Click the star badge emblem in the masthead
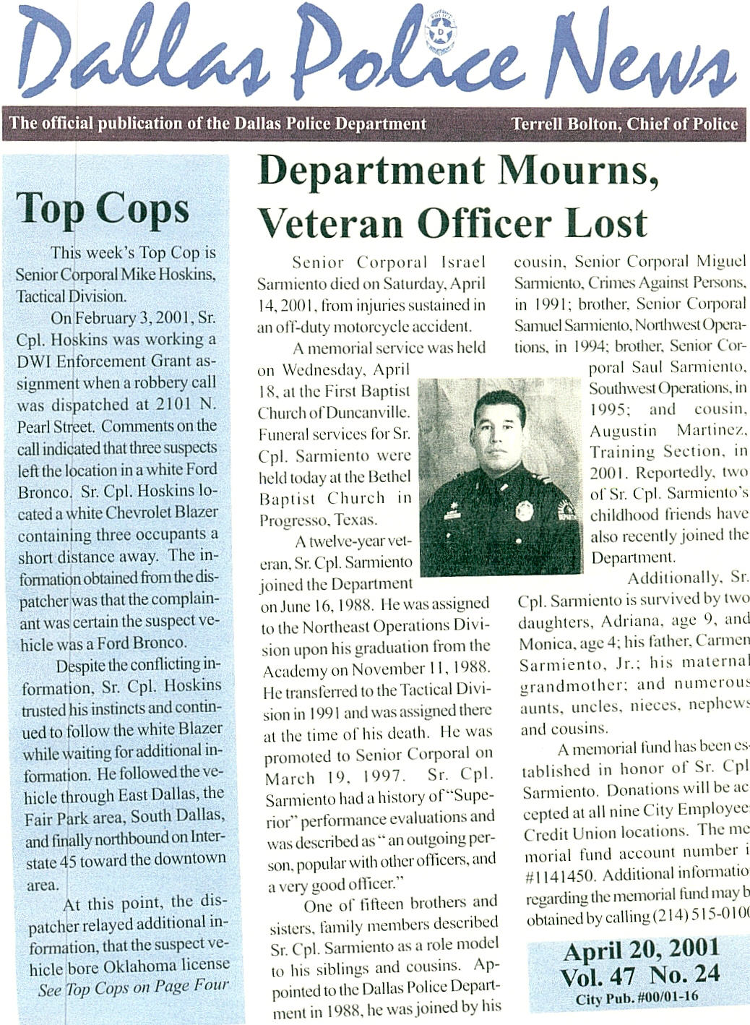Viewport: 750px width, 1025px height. coord(438,33)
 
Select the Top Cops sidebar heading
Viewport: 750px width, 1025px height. coord(102,210)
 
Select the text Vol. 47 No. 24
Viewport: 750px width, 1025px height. coord(640,975)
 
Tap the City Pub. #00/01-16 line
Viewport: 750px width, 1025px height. coord(637,999)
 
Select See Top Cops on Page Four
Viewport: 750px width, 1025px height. coord(133,987)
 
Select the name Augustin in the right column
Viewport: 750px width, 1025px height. coord(624,431)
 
